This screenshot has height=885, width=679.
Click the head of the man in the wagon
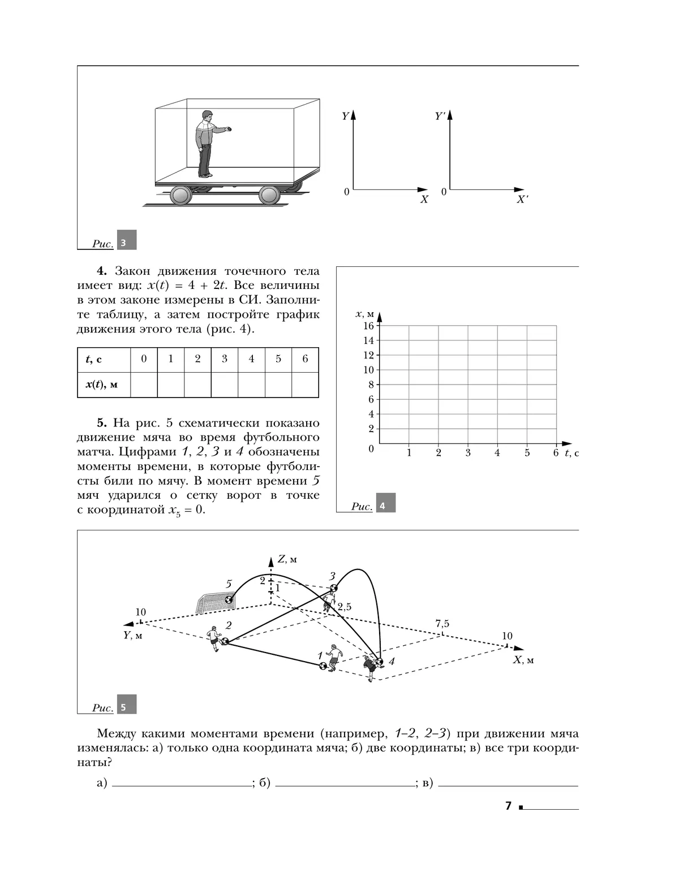[x=207, y=115]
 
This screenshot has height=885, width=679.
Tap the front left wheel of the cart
[x=181, y=196]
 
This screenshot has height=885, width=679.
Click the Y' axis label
[x=440, y=116]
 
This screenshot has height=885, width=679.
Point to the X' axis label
[x=522, y=199]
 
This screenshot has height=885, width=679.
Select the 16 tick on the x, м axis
[x=368, y=326]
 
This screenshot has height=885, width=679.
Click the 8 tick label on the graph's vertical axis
[x=371, y=385]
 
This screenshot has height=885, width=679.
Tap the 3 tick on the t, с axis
[x=467, y=452]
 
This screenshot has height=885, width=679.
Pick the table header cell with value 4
[x=251, y=360]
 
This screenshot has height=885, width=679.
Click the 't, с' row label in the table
[x=94, y=359]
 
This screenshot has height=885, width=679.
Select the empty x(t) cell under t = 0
[x=144, y=385]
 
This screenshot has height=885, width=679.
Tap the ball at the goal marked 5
[x=229, y=599]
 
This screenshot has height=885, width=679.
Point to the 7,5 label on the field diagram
[x=442, y=623]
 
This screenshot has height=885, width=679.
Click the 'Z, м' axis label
[x=287, y=559]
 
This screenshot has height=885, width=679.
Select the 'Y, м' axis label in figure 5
[x=133, y=635]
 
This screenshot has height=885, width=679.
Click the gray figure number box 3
[x=127, y=240]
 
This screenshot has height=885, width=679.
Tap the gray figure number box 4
[x=386, y=503]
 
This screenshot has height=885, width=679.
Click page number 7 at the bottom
[x=508, y=805]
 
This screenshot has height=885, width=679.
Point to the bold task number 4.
[x=101, y=271]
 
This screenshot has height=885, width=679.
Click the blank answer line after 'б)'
[x=345, y=786]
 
